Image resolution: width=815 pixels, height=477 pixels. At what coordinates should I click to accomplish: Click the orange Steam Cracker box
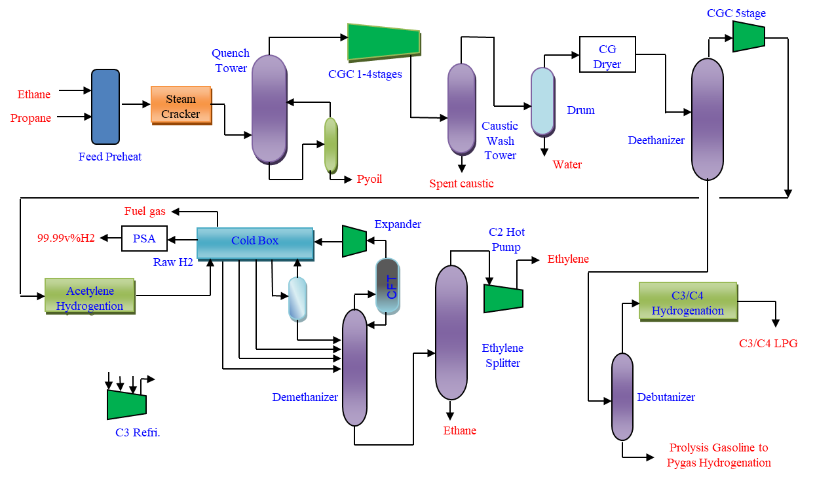click(x=181, y=105)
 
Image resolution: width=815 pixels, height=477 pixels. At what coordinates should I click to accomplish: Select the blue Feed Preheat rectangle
click(x=105, y=107)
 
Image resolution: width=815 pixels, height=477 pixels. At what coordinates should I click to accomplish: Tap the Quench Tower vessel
click(x=269, y=109)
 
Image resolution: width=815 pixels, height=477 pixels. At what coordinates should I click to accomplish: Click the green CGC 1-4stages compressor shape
click(x=383, y=41)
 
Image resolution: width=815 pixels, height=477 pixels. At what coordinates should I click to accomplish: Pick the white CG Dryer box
click(x=607, y=55)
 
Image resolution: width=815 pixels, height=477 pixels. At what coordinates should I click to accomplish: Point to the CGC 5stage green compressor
click(x=748, y=37)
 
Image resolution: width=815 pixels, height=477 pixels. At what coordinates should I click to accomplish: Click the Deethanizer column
click(x=708, y=119)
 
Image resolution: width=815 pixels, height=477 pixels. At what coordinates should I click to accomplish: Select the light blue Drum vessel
click(x=542, y=102)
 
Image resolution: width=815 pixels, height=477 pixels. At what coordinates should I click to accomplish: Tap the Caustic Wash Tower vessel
click(x=461, y=109)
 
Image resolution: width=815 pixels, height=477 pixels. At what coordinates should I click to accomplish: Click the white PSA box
click(x=144, y=238)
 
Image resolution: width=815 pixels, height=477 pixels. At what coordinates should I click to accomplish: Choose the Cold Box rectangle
click(x=255, y=242)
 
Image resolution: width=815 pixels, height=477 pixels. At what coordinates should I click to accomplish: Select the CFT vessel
click(x=387, y=285)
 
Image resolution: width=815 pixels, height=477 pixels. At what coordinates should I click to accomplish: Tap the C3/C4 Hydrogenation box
click(x=688, y=301)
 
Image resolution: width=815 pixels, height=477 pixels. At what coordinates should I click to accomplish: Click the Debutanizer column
click(x=622, y=396)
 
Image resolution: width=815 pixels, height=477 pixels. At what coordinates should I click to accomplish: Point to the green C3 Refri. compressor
click(x=126, y=404)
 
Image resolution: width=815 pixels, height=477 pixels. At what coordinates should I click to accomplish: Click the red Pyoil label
click(x=370, y=179)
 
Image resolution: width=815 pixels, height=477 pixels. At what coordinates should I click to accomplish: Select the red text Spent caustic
click(x=461, y=183)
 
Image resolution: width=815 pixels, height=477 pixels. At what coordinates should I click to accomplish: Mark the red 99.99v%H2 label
click(x=66, y=238)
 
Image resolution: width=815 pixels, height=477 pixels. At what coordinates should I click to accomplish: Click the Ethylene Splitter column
click(x=451, y=332)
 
